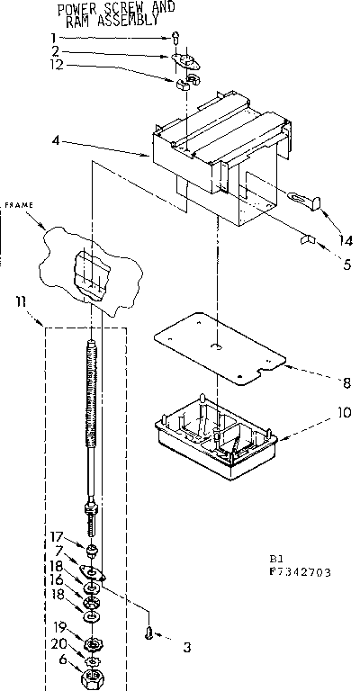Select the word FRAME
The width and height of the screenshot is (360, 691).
[19, 205]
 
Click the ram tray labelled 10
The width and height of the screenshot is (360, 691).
[215, 431]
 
